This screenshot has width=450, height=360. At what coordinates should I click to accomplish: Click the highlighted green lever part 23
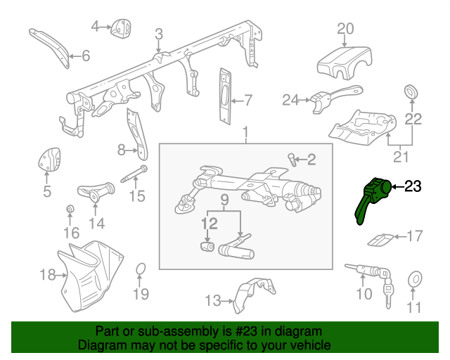[373, 197]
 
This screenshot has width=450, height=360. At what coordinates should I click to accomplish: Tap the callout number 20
[345, 29]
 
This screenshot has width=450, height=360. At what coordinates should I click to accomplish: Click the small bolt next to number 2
[292, 159]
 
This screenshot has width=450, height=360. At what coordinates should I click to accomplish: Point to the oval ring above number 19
[140, 269]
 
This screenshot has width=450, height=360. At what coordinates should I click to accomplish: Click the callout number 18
[47, 275]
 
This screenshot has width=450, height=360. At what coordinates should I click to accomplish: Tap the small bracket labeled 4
[120, 28]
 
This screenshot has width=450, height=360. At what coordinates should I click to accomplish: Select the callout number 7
[247, 98]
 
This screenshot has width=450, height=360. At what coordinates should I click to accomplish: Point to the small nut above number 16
[70, 210]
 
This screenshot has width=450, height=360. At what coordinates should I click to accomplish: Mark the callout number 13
[213, 301]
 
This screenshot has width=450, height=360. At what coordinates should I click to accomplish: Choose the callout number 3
[159, 34]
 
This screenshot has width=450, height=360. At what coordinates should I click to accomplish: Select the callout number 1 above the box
[246, 132]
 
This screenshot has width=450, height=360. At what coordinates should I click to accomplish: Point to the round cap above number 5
[49, 160]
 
